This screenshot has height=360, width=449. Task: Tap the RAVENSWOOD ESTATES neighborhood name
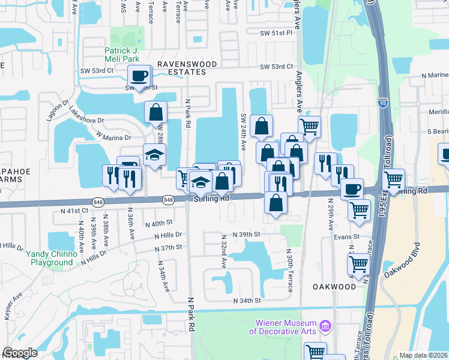pyautogui.click(x=181, y=67)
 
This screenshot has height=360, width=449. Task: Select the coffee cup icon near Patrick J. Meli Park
pyautogui.click(x=139, y=76)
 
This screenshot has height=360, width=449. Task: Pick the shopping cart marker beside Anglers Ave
pyautogui.click(x=309, y=126)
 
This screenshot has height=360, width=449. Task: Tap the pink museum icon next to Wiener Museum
pyautogui.click(x=325, y=326)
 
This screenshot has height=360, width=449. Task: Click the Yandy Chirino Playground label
pyautogui.click(x=52, y=258)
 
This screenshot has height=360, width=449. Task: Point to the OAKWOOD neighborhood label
pyautogui.click(x=334, y=287)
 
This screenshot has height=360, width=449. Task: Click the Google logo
pyautogui.click(x=20, y=353)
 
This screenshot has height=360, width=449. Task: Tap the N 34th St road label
pyautogui.click(x=248, y=300)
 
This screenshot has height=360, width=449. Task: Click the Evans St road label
pyautogui.click(x=346, y=237)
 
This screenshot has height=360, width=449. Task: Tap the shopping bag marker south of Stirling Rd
pyautogui.click(x=275, y=203)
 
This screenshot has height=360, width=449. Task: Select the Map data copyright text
pyautogui.click(x=423, y=355)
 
